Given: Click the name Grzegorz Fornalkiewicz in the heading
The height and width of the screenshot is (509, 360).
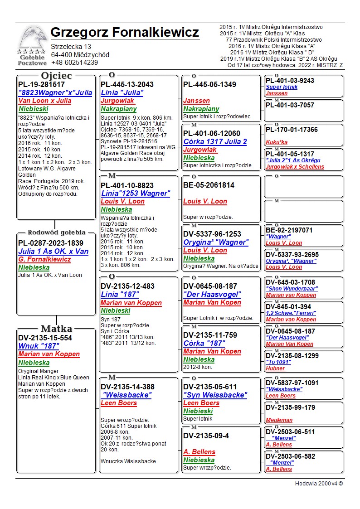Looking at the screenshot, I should [125, 33].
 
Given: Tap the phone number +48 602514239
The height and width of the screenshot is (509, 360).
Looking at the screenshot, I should [74, 63].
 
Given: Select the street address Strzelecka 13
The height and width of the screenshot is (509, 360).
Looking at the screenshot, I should [71, 47].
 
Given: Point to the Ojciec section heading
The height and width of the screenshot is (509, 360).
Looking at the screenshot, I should [56, 76].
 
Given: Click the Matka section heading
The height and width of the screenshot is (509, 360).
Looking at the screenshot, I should [56, 329].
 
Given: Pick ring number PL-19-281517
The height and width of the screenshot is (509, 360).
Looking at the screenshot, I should [41, 84].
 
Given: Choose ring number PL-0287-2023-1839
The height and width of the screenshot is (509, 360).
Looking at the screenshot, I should [51, 243].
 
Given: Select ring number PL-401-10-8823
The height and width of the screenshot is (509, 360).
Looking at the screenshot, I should [127, 185].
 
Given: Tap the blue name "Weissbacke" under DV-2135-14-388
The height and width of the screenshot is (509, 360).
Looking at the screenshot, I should [126, 395].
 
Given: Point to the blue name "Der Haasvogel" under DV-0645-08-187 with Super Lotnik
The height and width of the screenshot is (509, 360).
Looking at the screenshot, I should [212, 294].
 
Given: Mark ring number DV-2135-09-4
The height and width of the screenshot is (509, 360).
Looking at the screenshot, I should [206, 436].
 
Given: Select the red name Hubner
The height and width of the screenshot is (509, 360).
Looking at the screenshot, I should [275, 368].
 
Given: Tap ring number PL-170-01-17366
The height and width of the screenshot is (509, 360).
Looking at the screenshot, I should [292, 130].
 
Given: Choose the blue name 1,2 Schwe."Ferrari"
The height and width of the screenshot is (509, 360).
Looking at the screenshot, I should [291, 313].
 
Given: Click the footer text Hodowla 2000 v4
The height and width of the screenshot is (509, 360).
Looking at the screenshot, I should [319, 483].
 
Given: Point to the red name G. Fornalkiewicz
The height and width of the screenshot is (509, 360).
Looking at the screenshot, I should [44, 259].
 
